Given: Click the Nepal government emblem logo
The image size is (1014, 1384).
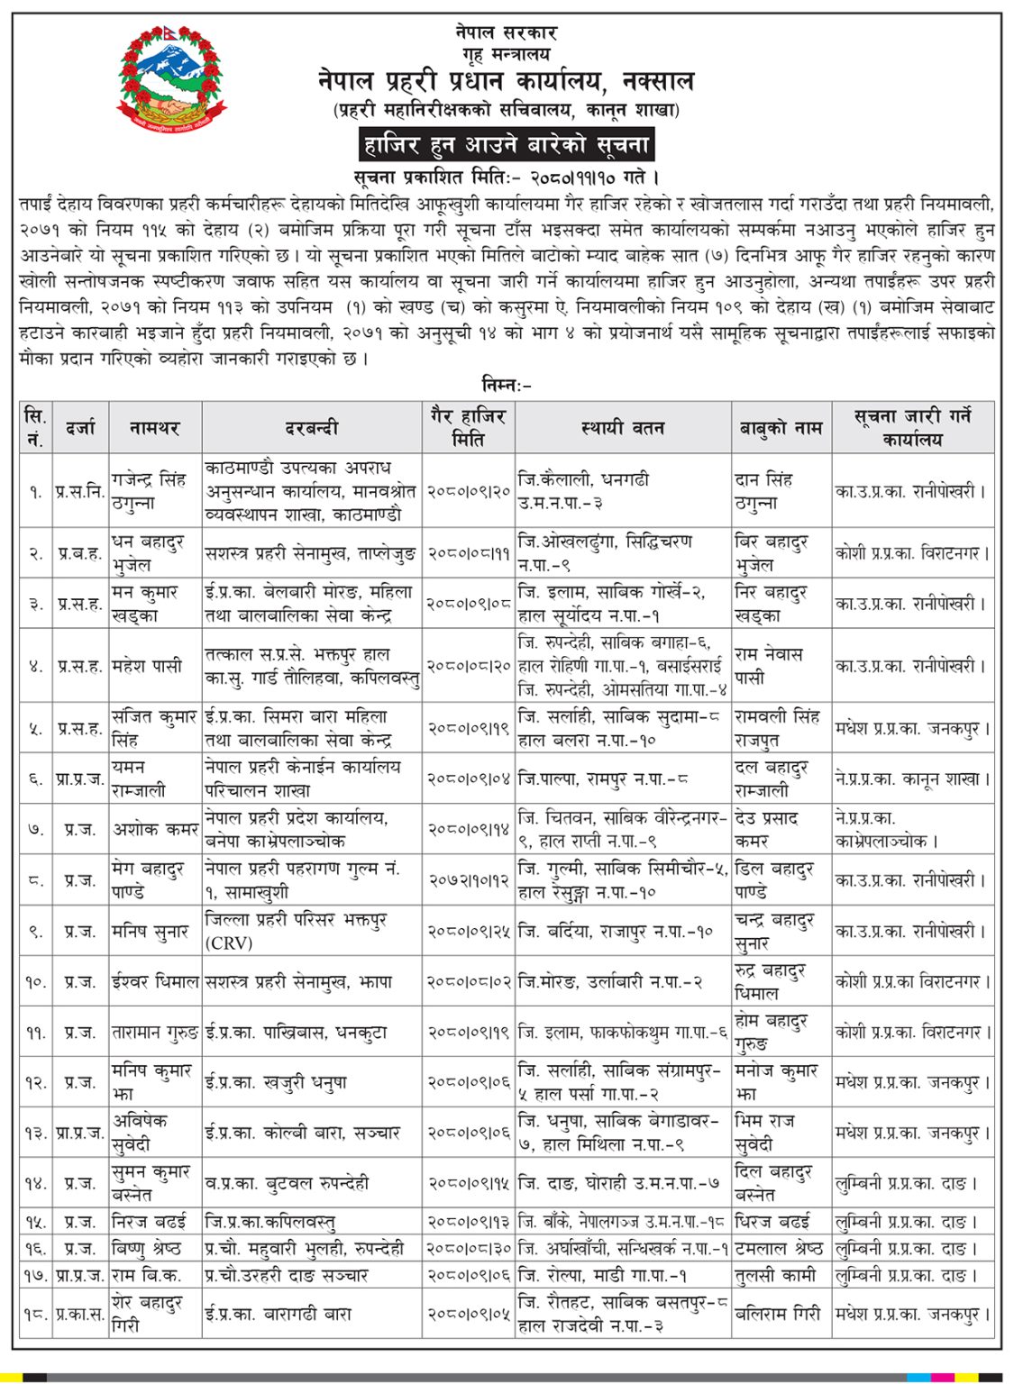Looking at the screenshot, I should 170,78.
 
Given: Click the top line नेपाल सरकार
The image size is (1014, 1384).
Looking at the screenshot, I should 506,32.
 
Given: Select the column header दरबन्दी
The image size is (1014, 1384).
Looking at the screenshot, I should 311,428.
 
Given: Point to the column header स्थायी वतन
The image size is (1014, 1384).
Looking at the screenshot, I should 623,428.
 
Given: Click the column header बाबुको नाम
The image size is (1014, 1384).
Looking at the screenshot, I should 781,428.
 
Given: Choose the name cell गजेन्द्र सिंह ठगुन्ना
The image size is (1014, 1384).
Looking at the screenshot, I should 151,491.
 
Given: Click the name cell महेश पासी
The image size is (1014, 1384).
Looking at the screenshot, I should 147,666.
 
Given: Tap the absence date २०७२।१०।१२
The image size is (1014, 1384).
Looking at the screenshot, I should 469,880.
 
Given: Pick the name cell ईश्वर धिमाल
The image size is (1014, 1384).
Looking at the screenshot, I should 155,981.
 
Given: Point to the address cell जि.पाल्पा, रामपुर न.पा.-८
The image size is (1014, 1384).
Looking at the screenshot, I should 605,778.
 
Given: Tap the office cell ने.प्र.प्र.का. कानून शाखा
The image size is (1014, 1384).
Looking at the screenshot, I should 912,778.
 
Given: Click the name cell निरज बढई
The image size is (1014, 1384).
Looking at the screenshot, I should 149,1222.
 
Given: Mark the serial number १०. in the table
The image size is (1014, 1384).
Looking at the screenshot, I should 35,981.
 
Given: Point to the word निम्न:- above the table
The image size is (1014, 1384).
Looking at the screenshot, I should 507,385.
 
